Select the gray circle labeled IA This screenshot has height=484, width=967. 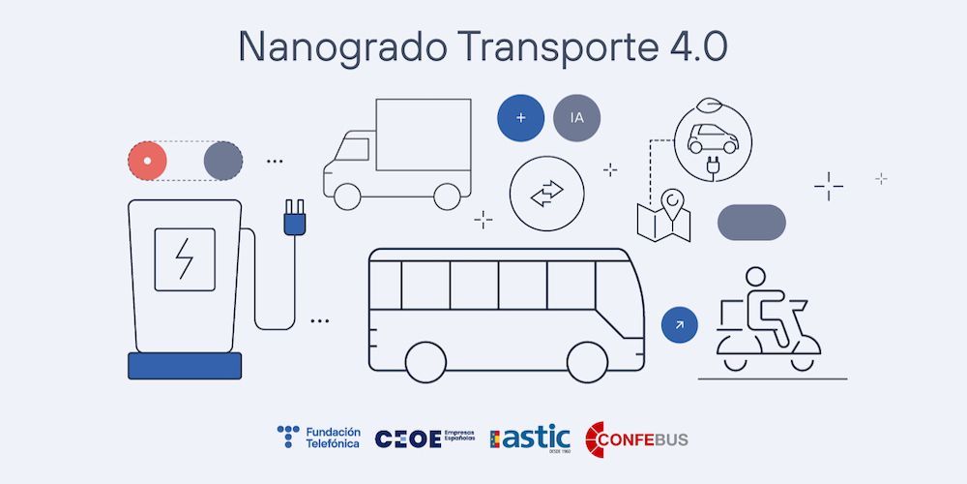[577, 118]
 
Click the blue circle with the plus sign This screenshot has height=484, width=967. [521, 118]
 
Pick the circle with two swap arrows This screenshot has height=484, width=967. [546, 194]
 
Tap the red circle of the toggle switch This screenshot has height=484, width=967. [148, 161]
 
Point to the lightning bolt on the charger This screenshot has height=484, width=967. [185, 258]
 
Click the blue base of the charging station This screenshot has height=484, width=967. [185, 366]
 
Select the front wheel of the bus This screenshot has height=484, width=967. [586, 361]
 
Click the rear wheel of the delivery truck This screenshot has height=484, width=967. [447, 197]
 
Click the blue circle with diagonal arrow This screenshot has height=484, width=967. [680, 325]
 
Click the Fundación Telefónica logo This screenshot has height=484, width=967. [318, 437]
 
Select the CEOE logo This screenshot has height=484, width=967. [425, 438]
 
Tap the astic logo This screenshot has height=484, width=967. [531, 438]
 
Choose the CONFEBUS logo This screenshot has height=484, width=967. [638, 438]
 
